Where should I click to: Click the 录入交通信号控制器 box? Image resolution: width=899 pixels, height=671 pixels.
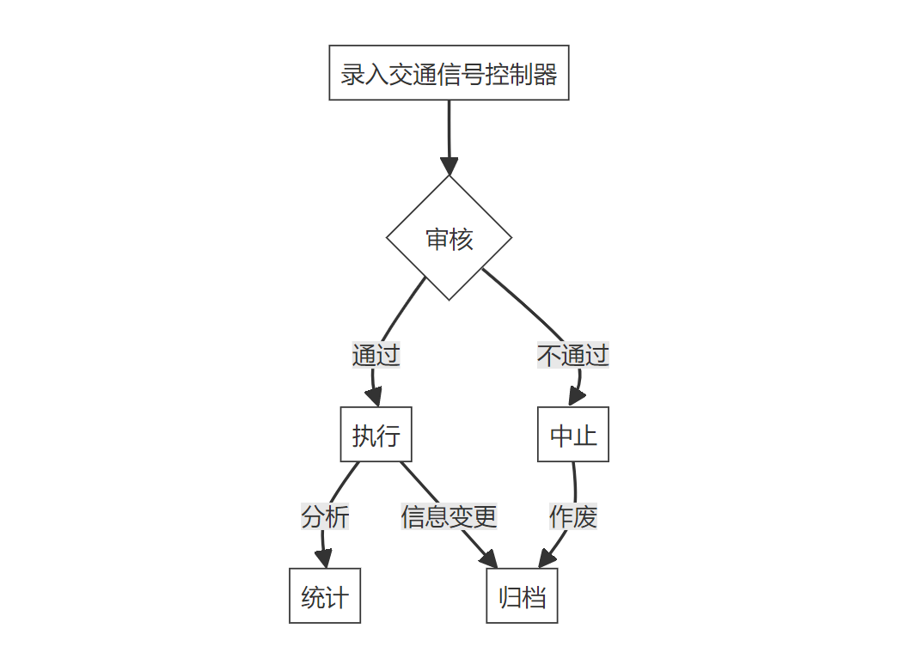coord(449,73)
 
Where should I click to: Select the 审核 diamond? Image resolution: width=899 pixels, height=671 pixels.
coord(449,238)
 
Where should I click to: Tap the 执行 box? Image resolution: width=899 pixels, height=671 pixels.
coord(376,435)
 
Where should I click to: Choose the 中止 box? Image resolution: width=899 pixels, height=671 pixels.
coord(573,435)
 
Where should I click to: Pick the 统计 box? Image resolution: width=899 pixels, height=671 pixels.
coord(325,596)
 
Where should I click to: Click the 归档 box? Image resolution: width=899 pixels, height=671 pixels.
coord(522,596)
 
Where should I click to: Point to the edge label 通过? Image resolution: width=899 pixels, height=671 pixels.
coord(376,355)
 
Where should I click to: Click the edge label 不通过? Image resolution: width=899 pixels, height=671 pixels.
coord(573,355)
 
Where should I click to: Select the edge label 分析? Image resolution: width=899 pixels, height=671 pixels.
coord(325,516)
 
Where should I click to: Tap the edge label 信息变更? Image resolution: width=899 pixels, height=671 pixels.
coord(449,516)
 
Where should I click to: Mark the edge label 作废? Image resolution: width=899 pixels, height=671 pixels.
coord(573,516)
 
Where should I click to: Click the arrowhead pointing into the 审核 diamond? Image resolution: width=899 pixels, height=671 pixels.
coord(449,167)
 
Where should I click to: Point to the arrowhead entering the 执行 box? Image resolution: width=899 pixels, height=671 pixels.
coord(374,398)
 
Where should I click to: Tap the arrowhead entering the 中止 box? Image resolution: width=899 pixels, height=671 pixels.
coord(576,398)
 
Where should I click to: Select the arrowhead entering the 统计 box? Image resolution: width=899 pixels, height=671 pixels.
coord(324,559)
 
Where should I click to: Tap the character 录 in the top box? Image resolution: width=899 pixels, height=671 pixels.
coord(352,74)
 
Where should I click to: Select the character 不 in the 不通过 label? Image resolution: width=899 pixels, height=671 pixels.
coord(549,355)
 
